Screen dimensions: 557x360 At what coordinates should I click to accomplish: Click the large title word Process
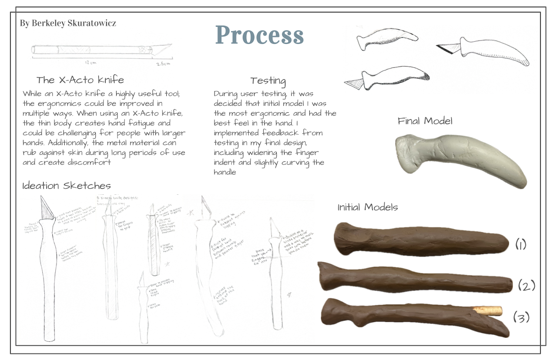click(259, 35)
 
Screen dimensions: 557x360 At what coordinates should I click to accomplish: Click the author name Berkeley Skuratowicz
click(68, 23)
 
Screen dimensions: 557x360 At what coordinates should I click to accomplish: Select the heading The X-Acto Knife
click(80, 80)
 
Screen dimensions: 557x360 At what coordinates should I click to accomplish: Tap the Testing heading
click(268, 81)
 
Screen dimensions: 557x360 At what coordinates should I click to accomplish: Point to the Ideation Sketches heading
click(67, 186)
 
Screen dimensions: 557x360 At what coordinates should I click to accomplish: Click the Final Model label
click(425, 121)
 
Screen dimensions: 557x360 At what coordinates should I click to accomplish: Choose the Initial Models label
click(368, 207)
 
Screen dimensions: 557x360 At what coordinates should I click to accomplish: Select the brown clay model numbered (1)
click(420, 239)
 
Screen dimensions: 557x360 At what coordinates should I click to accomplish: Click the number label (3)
click(521, 317)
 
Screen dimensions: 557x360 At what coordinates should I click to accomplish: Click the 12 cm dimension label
click(91, 63)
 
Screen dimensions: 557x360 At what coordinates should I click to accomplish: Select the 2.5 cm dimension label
click(163, 63)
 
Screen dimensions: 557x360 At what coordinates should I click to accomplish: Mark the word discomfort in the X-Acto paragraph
click(92, 162)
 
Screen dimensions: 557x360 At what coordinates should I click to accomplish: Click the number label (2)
click(526, 285)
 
